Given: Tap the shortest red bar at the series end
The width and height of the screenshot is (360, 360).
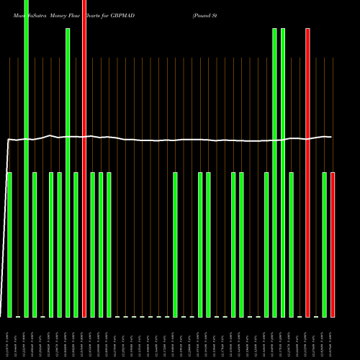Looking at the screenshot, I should (333, 245).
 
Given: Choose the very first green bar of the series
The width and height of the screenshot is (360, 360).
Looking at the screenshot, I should (9, 245).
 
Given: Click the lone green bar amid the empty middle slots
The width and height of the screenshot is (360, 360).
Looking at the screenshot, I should (175, 245).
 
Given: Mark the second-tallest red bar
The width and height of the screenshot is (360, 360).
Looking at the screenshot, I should (308, 173).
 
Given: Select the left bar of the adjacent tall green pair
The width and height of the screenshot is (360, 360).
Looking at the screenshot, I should (275, 173).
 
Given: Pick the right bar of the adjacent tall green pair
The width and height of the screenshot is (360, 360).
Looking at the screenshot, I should (283, 173).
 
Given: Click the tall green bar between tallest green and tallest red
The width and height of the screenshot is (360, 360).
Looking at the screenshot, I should (68, 173).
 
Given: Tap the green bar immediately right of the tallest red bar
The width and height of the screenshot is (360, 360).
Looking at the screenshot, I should (93, 245).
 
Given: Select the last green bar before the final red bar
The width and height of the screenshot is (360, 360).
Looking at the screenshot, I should (325, 245).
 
